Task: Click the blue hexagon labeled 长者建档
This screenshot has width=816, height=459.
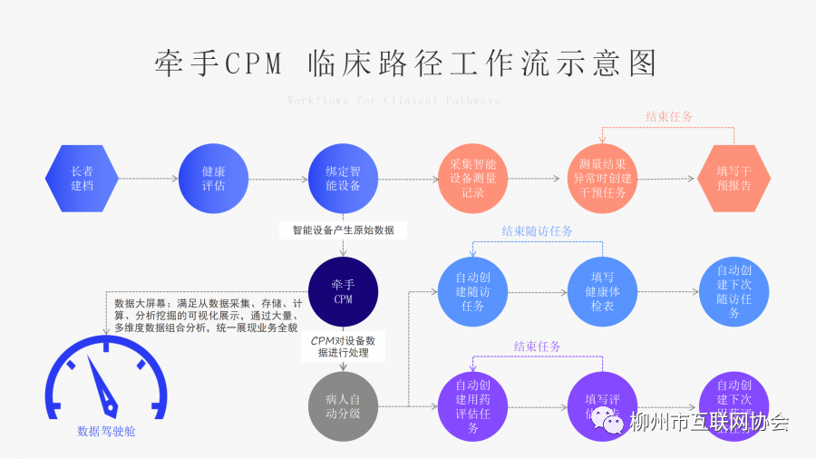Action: pos(82,179)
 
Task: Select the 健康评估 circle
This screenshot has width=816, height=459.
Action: pos(214,179)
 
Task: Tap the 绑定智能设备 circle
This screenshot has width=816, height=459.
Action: pos(343,179)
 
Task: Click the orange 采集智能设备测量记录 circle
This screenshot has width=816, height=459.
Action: pos(472,179)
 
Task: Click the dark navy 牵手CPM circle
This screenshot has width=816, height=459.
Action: pos(343,292)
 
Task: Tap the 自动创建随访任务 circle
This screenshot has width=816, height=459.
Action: pos(472,292)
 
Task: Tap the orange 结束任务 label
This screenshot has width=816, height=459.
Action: pos(669,117)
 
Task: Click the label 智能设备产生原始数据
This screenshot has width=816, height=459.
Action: pos(343,230)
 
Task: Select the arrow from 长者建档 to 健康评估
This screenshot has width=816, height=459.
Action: pos(149,179)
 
